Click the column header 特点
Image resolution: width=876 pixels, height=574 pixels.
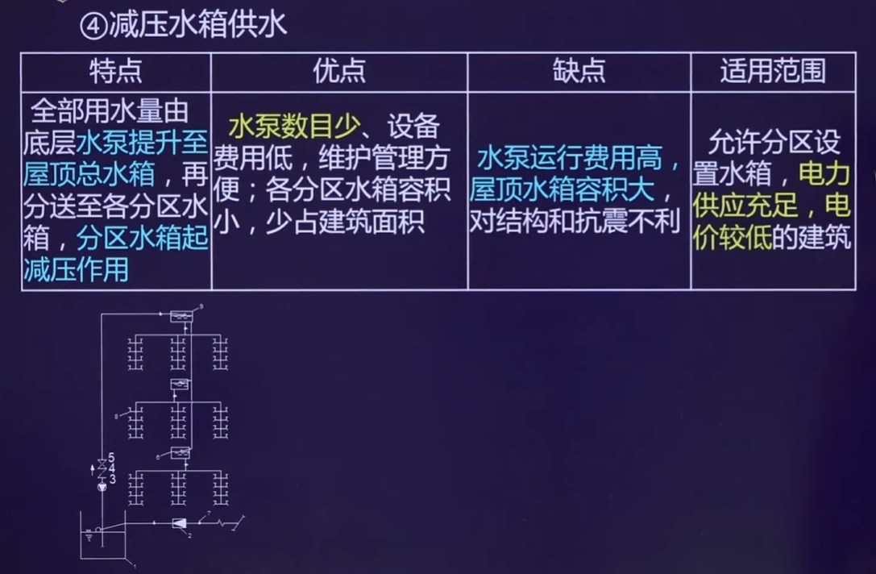(115, 72)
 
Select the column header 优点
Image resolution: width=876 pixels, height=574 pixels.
(338, 72)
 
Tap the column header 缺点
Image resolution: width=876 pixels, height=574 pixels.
(579, 72)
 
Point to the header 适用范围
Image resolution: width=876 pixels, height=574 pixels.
(772, 72)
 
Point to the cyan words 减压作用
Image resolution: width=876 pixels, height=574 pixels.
(77, 268)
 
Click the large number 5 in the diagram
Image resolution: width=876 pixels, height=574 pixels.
(111, 458)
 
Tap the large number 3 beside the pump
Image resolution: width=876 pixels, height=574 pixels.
(111, 479)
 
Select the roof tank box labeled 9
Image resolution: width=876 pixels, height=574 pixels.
(181, 317)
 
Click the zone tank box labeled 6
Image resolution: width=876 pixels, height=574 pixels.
(180, 453)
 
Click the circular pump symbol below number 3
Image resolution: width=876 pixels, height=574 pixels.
(101, 487)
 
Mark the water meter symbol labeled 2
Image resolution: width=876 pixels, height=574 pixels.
(179, 523)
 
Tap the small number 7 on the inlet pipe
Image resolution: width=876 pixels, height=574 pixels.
(208, 514)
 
